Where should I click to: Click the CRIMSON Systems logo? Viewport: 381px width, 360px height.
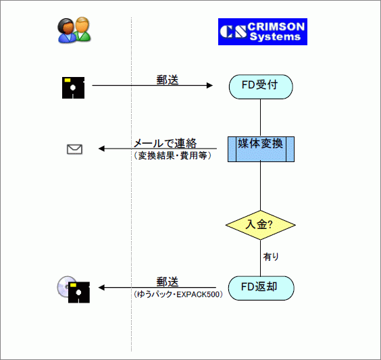pos(263,32)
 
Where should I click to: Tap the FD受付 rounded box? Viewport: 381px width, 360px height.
pos(261,86)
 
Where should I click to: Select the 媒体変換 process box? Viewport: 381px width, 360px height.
pos(261,149)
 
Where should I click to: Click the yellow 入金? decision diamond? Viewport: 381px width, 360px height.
pos(261,225)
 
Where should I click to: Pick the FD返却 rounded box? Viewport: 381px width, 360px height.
pos(261,288)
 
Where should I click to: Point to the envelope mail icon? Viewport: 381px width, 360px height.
pos(74,149)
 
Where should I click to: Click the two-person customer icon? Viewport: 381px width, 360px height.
pos(74,30)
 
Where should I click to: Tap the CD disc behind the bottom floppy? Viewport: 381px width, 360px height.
pos(63,286)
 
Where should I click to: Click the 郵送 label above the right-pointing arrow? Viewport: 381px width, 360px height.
pos(168,80)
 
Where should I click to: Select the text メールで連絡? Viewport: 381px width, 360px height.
pos(166,143)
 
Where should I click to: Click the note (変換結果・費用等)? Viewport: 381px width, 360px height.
pos(172,155)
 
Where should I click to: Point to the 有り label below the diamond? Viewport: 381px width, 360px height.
pos(271,257)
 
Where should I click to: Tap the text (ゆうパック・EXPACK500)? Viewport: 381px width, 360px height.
pos(178,294)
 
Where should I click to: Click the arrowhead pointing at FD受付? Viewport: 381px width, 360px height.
pos(209,86)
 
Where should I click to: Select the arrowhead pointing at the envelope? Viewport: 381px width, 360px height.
pos(101,149)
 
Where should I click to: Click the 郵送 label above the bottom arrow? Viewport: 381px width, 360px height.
pos(168,282)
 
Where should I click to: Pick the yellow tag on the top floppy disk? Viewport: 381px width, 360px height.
pos(68,80)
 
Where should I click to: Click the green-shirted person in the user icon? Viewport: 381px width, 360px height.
pos(82,28)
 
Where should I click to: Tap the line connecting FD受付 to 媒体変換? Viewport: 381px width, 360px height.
pos(261,118)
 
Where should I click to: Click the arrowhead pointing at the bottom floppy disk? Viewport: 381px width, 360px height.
pos(101,288)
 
